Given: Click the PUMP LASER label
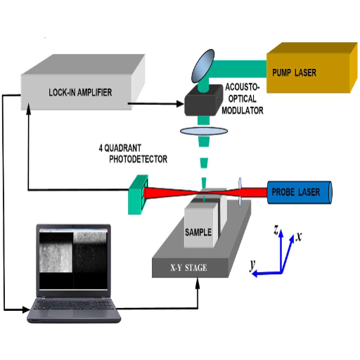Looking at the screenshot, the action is pos(294,72).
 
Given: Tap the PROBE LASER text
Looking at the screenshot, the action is pos(295,192).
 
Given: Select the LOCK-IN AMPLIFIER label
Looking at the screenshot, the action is pos(80,92).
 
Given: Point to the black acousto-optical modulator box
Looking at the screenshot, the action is pos(203,101).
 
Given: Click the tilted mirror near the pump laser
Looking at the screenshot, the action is pos(202,66).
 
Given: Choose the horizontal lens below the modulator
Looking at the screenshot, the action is pos(204,131).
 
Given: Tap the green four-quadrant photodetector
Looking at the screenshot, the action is pos(139,194).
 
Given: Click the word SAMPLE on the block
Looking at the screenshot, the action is pos(198,232).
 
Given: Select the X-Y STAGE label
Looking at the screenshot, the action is pos(188,268).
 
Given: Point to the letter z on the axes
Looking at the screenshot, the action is pos(276,229).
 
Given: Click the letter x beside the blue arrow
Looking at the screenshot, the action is pos(299,236).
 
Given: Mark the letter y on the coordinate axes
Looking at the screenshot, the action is pos(252,265).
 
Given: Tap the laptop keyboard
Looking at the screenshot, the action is pos(74,304).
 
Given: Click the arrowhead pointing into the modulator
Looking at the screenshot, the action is pos(180,103).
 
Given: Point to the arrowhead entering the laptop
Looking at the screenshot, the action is pos(26,309).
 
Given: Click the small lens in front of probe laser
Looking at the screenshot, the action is pos(240,192).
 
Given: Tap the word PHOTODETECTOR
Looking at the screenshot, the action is pos(139,159).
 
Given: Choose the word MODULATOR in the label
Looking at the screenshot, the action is pos(243,110).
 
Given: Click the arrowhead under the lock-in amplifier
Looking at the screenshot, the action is pos(29,109).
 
